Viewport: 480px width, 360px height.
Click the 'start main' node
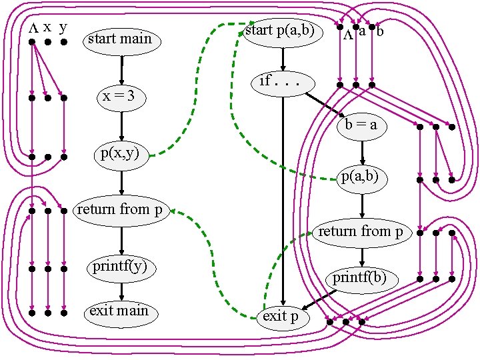[x=120, y=39]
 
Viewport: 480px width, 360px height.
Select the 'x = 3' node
[x=120, y=97]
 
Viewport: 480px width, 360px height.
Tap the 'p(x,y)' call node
[x=120, y=155]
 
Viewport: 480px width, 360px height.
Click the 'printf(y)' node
[x=120, y=268]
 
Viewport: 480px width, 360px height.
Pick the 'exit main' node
[x=119, y=311]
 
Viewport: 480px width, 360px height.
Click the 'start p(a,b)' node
[x=279, y=31]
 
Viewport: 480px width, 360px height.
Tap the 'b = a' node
[x=361, y=125]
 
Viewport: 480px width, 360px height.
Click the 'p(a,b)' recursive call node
[x=361, y=177]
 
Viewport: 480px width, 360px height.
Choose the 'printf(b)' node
[x=360, y=277]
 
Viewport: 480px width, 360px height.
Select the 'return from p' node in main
[x=120, y=210]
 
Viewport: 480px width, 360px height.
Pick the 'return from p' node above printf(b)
[x=361, y=232]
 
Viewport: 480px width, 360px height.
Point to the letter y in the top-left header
[x=63, y=28]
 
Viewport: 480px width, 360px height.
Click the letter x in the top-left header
[x=47, y=27]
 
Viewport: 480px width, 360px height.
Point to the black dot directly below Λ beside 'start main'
[x=32, y=42]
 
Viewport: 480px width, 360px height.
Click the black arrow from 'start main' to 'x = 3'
[x=121, y=68]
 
